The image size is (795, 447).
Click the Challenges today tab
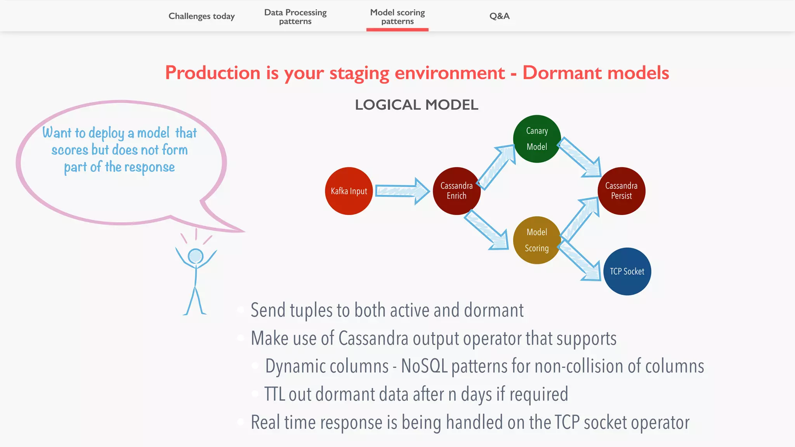[201, 16]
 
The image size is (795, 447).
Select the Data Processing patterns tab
[295, 17]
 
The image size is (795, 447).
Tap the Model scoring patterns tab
[397, 17]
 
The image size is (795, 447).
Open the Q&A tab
[499, 16]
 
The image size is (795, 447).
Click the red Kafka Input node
[349, 191]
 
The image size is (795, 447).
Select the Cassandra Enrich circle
[457, 191]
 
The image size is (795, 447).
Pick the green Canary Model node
[537, 139]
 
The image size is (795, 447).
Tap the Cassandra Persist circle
[621, 191]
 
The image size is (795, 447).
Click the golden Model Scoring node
[537, 240]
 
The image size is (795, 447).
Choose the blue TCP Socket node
[627, 271]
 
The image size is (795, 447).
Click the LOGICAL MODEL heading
[416, 105]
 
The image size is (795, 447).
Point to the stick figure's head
[195, 256]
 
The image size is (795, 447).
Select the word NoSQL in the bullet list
[424, 366]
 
